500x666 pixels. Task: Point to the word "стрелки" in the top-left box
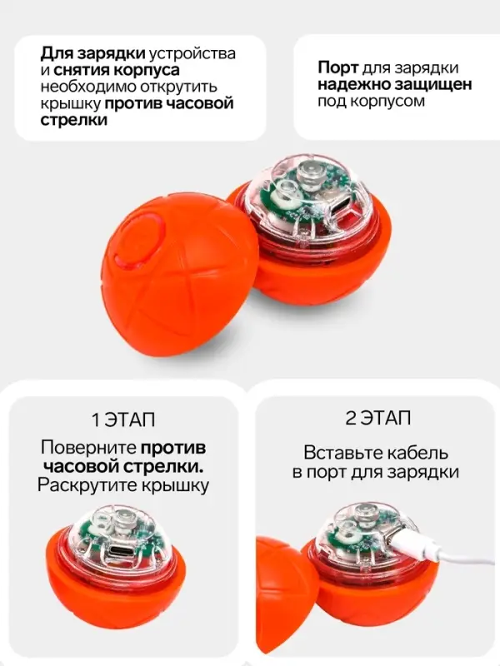coord(74,121)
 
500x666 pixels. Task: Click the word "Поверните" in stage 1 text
coord(87,446)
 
